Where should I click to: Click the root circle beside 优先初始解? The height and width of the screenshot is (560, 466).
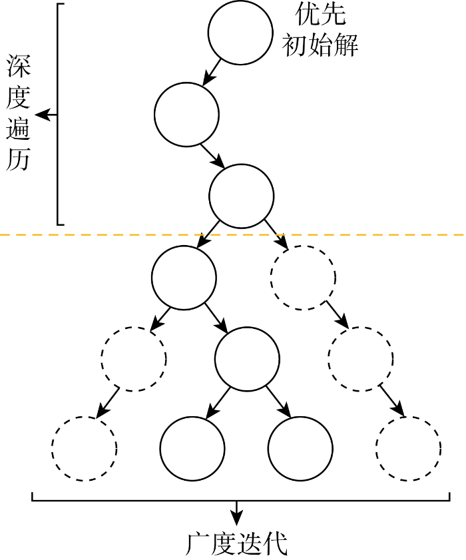pyautogui.click(x=240, y=33)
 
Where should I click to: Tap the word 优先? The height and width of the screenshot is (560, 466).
pyautogui.click(x=321, y=13)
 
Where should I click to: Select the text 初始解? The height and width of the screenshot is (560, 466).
pyautogui.click(x=320, y=45)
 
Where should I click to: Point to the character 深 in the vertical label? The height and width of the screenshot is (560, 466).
pyautogui.click(x=18, y=66)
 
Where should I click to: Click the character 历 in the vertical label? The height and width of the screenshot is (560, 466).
pyautogui.click(x=18, y=160)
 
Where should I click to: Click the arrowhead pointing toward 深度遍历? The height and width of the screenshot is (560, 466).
pyautogui.click(x=41, y=115)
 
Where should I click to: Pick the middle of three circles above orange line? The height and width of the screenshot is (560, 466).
pyautogui.click(x=186, y=114)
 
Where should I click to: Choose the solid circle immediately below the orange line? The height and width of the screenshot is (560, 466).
pyautogui.click(x=184, y=277)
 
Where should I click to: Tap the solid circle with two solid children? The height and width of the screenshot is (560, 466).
pyautogui.click(x=247, y=359)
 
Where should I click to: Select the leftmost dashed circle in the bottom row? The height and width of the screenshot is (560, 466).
pyautogui.click(x=85, y=448)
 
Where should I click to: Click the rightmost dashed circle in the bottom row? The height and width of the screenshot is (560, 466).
pyautogui.click(x=408, y=448)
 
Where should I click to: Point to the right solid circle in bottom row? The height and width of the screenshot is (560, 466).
pyautogui.click(x=300, y=448)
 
